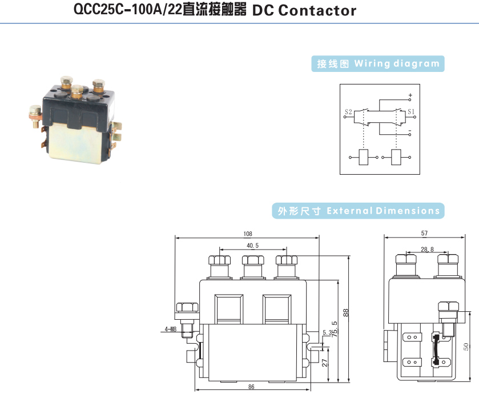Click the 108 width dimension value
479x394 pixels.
(247, 234)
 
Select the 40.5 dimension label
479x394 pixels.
(252, 246)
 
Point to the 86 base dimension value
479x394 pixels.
(251, 387)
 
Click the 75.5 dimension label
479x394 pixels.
(334, 331)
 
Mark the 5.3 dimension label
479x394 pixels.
(327, 332)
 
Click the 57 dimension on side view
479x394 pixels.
(424, 234)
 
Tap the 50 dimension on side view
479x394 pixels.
(466, 346)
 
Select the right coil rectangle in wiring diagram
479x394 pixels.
(396, 156)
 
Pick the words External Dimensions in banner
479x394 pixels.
(383, 211)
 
